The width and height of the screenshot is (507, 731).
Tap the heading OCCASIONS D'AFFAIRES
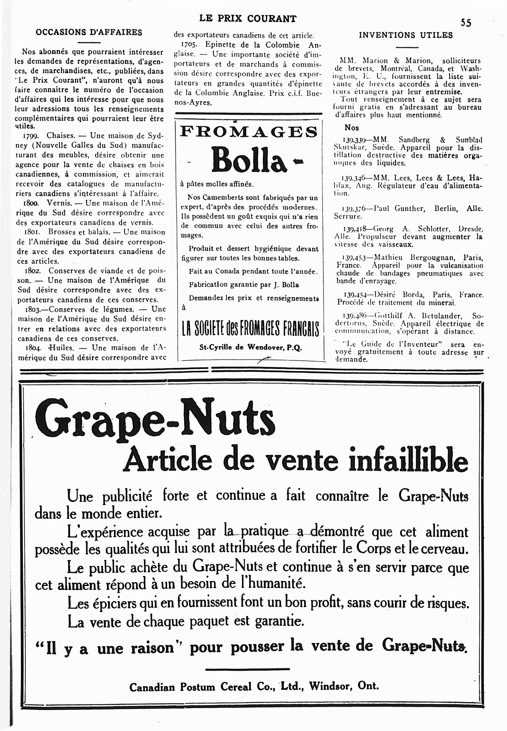(x=89, y=32)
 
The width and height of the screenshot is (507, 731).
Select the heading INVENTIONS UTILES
(x=406, y=35)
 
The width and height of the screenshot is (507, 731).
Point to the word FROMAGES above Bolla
(x=249, y=131)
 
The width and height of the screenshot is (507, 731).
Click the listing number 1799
(x=31, y=136)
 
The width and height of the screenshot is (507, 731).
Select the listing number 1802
(x=32, y=271)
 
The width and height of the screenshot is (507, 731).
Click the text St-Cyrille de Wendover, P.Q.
(x=250, y=347)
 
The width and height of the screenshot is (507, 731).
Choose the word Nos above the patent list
(x=352, y=128)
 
